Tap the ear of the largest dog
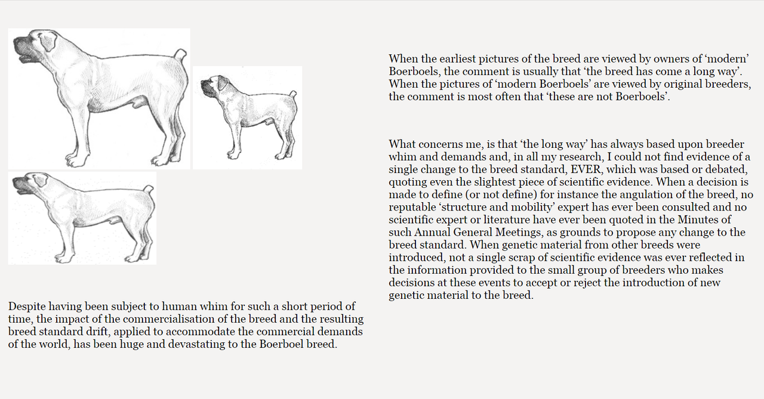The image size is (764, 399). tap(48, 41)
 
